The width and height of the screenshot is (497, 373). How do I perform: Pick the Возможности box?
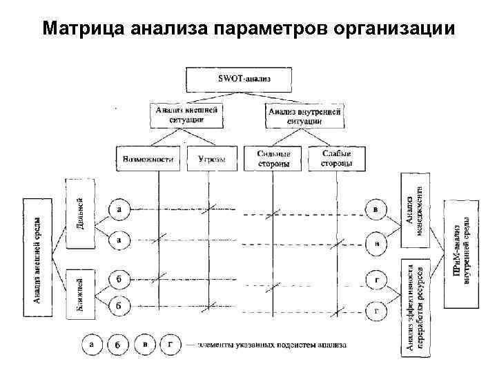tap(148, 159)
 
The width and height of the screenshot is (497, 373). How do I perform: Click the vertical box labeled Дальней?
tap(81, 214)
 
